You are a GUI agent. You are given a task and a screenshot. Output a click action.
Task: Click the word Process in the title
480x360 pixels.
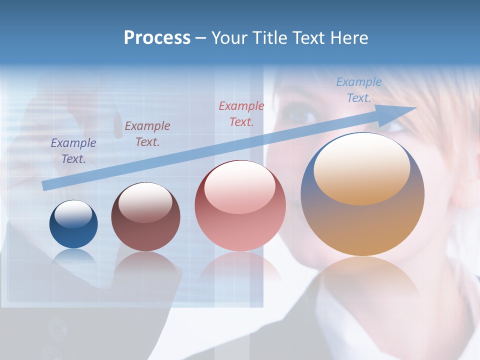[157, 38]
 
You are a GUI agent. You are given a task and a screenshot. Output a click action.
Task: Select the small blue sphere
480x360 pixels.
[73, 224]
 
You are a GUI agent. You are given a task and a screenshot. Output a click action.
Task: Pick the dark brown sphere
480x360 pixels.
[145, 217]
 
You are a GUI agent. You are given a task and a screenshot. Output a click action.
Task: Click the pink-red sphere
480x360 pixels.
[240, 206]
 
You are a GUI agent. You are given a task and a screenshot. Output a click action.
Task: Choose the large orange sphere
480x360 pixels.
[362, 194]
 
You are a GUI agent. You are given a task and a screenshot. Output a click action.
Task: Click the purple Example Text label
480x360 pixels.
[73, 150]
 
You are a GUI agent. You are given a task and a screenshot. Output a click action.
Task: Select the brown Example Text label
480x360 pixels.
[147, 134]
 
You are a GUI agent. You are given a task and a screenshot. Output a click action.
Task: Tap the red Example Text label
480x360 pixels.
[241, 113]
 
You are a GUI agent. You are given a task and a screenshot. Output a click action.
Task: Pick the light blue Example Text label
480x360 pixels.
[359, 90]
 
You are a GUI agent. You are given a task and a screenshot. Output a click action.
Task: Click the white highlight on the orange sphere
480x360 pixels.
[361, 167]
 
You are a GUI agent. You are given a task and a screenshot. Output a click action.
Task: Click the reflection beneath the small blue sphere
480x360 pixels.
[73, 256]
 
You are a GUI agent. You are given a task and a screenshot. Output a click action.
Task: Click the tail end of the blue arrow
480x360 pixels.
[46, 186]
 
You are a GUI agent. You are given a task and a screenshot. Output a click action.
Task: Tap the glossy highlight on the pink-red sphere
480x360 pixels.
[240, 186]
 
